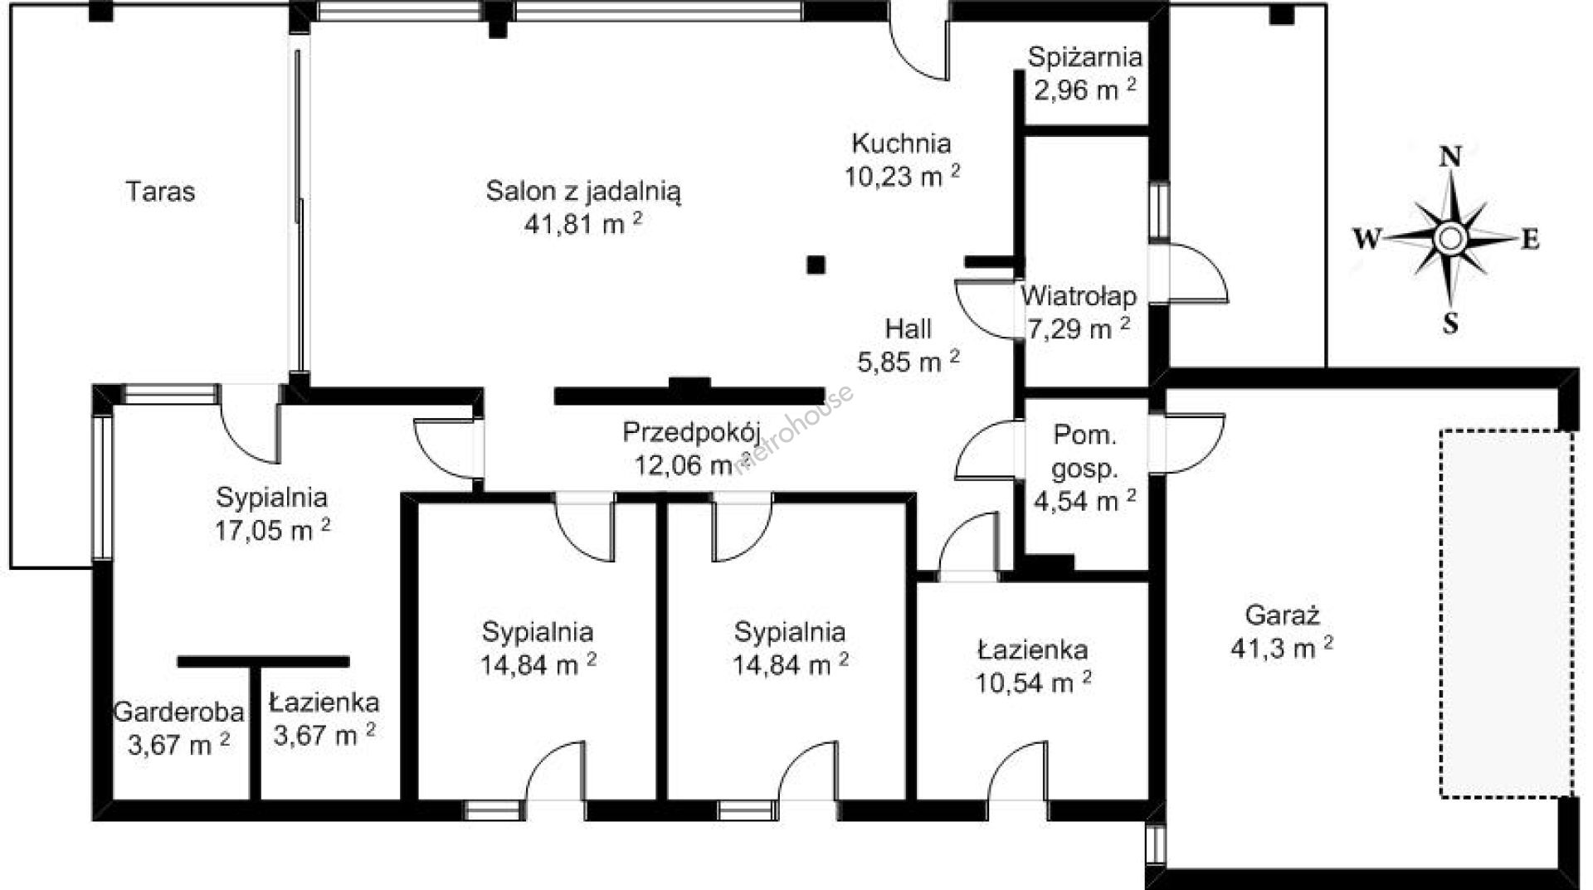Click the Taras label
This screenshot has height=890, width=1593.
(x=160, y=192)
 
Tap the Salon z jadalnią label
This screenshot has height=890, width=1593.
(x=583, y=192)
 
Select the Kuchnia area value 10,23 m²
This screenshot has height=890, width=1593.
(x=903, y=176)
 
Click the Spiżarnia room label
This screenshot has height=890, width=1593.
(x=1084, y=57)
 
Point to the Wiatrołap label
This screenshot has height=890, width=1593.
(x=1079, y=295)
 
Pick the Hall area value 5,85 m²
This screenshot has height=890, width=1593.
(x=909, y=362)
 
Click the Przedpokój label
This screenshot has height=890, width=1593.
(x=692, y=432)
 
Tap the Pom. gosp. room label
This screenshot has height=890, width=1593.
(x=1084, y=451)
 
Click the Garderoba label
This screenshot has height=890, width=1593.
(x=178, y=712)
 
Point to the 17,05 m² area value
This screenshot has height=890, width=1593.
(x=272, y=530)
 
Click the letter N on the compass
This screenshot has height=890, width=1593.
(x=1449, y=156)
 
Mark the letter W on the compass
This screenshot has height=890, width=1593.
(x=1367, y=239)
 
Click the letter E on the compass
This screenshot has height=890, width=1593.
(x=1531, y=239)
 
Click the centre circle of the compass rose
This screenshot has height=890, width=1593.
(x=1449, y=239)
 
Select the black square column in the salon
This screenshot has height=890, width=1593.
(x=817, y=265)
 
